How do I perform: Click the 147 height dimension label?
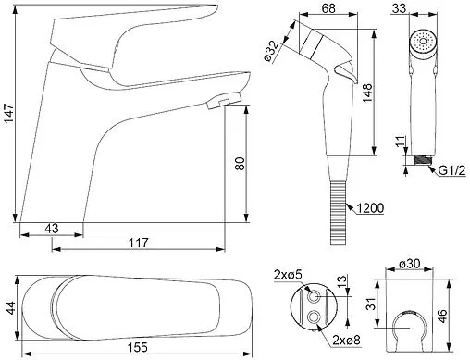[9, 114]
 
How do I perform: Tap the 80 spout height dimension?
[240, 164]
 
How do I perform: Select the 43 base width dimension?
[52, 229]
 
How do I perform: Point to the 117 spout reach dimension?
[139, 242]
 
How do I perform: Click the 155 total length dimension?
[138, 348]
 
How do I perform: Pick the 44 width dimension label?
[11, 308]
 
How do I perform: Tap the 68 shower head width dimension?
[328, 8]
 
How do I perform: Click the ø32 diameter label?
[271, 51]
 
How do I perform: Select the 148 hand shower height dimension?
[367, 93]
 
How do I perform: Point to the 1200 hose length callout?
[371, 208]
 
